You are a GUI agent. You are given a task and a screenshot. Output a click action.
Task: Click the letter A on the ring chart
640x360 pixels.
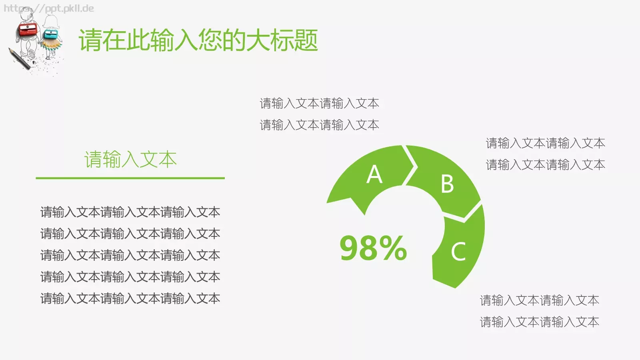[374, 174]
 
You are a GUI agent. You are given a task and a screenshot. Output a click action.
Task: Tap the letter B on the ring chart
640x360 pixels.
[447, 184]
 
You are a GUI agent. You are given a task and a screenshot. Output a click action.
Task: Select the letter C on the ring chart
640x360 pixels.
[458, 252]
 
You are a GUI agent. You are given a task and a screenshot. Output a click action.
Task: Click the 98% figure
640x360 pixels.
[373, 248]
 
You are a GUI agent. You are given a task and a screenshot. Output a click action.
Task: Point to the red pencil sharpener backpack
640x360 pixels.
[28, 29]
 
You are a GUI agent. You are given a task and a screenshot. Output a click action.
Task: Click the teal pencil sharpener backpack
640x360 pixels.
[51, 34]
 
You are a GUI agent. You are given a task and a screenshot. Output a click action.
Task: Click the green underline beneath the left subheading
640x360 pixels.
[130, 178]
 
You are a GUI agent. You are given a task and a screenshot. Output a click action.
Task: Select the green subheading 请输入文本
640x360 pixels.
[130, 159]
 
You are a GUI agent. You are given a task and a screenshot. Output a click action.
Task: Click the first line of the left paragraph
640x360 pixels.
[130, 212]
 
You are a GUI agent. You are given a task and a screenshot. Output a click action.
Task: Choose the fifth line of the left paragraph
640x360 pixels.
[130, 298]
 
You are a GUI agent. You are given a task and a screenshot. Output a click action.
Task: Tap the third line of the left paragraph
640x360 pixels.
[130, 255]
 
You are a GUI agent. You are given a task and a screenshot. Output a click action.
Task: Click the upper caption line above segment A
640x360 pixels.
[319, 104]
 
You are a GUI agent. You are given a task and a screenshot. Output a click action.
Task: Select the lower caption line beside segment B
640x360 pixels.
[545, 165]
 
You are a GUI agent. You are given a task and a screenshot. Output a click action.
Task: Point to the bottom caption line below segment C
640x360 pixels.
[539, 322]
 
